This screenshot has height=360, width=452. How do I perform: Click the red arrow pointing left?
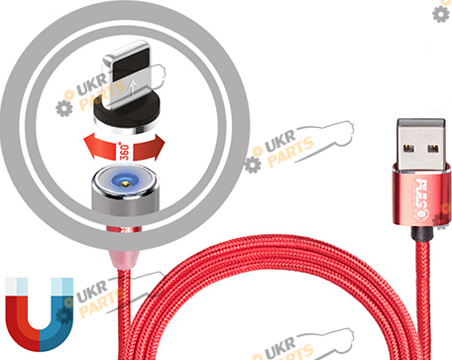[x=101, y=148]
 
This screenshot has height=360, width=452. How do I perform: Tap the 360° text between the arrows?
[x=125, y=152]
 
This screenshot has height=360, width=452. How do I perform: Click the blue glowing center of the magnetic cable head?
[x=124, y=180]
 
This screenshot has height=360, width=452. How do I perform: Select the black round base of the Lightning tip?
[x=127, y=116]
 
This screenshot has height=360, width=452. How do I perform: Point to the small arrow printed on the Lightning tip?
[x=133, y=86]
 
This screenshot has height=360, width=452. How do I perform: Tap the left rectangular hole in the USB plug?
[x=408, y=148]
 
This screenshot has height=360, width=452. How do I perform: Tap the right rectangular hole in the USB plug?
[x=433, y=148]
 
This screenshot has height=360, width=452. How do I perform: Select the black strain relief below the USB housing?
[x=421, y=234]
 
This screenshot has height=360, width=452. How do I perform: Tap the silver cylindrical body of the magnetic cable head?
[x=125, y=200]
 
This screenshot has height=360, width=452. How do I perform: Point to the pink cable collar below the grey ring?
[x=125, y=259]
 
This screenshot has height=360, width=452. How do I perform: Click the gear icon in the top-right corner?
[x=440, y=14]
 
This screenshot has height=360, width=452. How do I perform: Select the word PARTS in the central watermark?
[x=290, y=153]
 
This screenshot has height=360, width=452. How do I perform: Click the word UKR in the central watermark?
[x=280, y=141]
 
